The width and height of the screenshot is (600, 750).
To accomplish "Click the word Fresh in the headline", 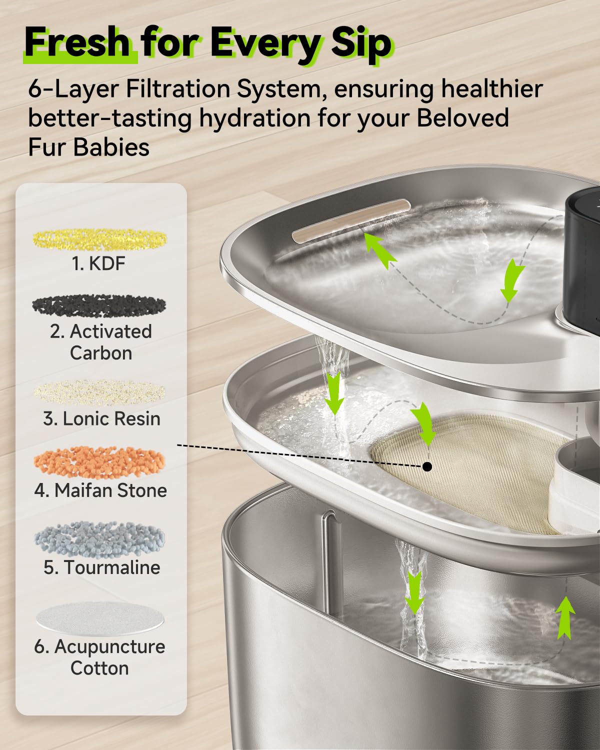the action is (x=77, y=42).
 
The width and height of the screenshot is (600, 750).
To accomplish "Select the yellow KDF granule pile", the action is (x=99, y=239).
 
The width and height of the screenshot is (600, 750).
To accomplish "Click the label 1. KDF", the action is (x=98, y=263).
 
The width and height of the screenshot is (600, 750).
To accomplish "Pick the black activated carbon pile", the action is (x=99, y=305).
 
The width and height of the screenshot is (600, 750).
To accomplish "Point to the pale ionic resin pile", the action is (x=99, y=393).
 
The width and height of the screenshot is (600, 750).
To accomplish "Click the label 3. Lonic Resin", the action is (x=102, y=418).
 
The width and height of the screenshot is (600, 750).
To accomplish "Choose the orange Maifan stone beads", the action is (x=99, y=462).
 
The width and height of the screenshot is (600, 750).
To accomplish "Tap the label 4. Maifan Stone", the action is (x=101, y=490).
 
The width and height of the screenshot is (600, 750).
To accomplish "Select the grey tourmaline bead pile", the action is (x=99, y=539).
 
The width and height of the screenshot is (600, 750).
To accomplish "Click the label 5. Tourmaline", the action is (x=102, y=567).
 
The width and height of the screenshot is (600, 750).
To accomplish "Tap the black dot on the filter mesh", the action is (x=427, y=466).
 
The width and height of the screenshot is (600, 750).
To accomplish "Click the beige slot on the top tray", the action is (x=351, y=221).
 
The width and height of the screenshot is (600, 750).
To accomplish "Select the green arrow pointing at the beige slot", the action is (x=379, y=250).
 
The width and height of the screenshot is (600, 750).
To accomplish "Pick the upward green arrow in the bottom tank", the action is (x=566, y=617).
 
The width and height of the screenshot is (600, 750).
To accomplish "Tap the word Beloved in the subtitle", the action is (x=462, y=117).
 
